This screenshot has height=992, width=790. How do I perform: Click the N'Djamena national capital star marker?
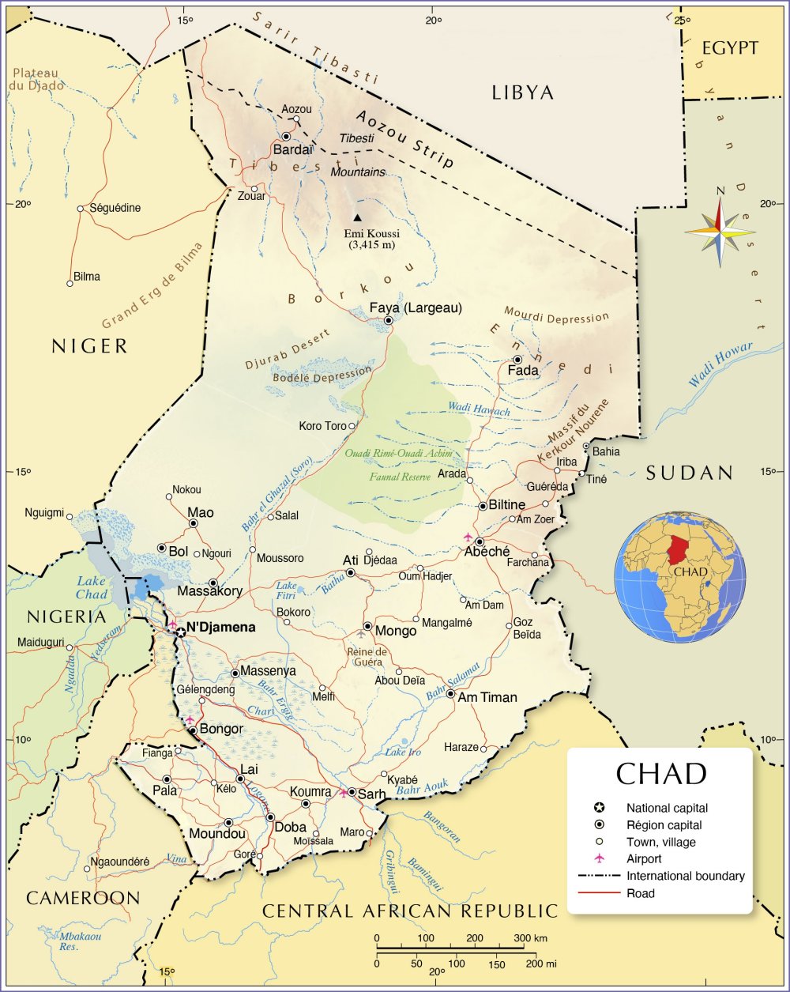coord(181,632)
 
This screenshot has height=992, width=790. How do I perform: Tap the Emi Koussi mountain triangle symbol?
coord(358,217)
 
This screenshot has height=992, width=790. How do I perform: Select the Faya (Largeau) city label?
coord(416,307)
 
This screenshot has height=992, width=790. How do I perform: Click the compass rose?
coord(720,232)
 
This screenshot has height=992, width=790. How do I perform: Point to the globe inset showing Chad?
coord(680,576)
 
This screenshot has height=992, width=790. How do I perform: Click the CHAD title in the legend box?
coord(660,773)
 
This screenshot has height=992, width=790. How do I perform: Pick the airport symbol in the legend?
coord(600,858)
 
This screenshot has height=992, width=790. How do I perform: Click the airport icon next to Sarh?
coord(343,792)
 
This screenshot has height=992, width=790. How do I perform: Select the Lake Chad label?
coord(92,588)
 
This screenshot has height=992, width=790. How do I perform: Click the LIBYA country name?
coord(522,92)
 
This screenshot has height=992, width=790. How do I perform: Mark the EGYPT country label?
coord(730,48)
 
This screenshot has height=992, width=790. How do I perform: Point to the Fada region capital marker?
coord(517,360)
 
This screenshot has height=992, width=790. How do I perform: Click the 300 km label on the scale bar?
coord(529,938)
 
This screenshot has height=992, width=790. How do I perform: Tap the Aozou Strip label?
coord(404,138)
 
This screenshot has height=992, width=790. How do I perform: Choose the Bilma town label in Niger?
coord(86,277)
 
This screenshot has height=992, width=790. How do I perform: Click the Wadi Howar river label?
coord(720,364)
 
